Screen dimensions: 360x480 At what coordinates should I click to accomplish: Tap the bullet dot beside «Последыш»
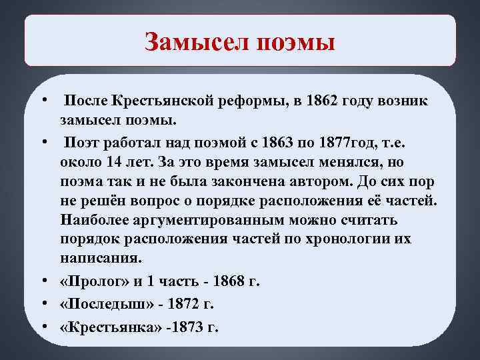[x=43, y=303]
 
